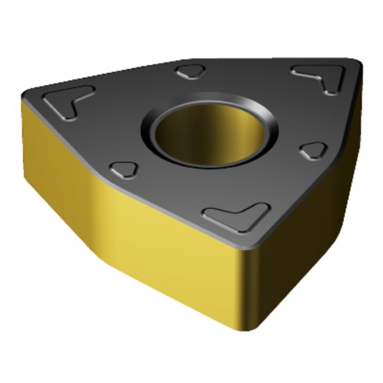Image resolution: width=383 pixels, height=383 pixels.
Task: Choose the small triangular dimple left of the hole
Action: pyautogui.click(x=124, y=169)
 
